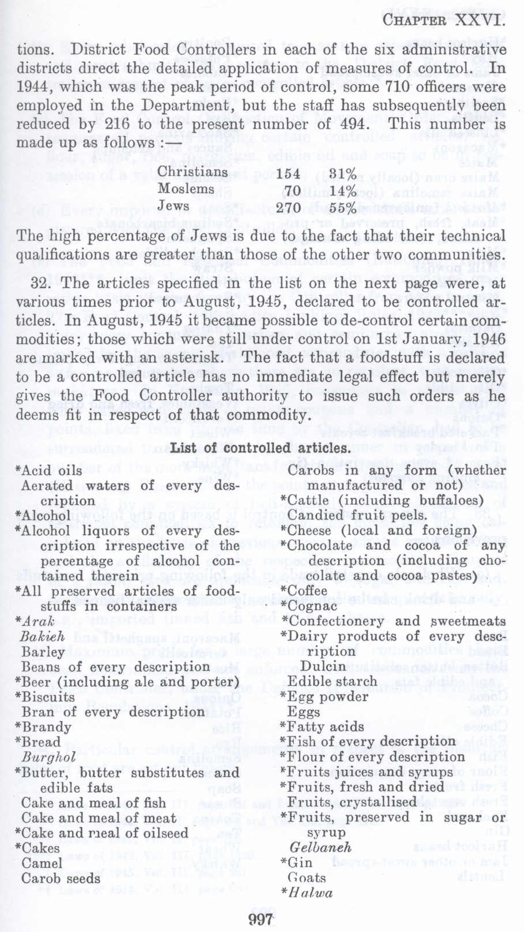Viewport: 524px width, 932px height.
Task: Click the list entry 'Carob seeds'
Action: [x=61, y=878]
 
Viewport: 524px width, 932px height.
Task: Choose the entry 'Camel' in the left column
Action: [x=42, y=863]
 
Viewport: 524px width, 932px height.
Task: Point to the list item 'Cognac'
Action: [x=312, y=606]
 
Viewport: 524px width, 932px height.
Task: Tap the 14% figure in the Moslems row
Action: [x=343, y=191]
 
